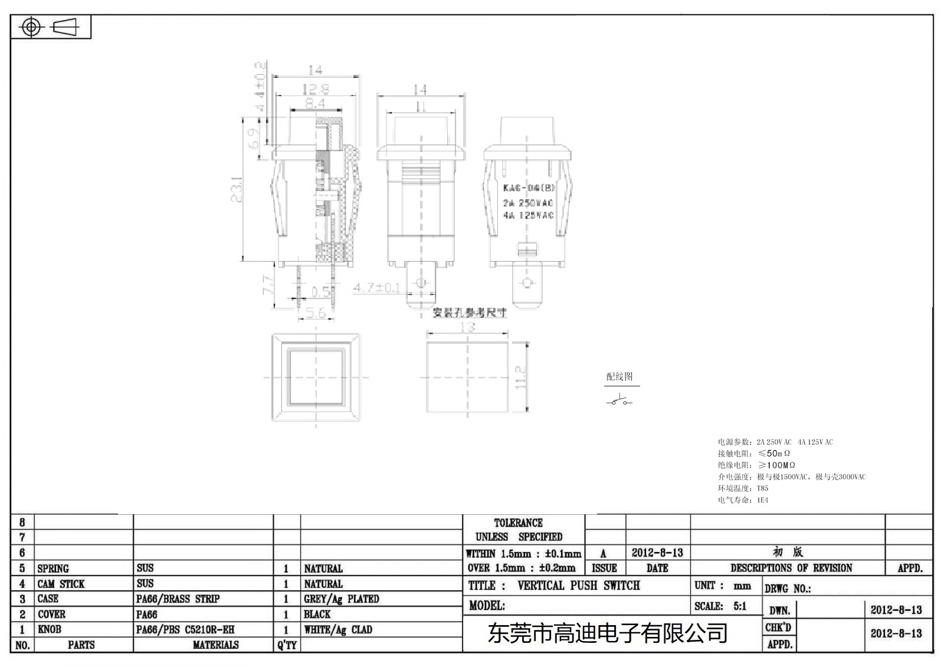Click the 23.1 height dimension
[x=237, y=189]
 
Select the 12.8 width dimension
[x=316, y=90]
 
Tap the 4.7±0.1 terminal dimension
[x=376, y=288]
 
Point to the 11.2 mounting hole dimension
[x=520, y=377]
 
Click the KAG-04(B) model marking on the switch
[x=528, y=188]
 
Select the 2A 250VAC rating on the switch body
[x=528, y=203]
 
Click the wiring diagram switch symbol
[x=619, y=402]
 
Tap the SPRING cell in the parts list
[x=53, y=569]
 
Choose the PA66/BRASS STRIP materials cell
[x=178, y=599]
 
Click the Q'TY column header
[x=287, y=645]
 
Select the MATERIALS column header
[x=215, y=645]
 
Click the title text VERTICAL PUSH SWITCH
[x=578, y=586]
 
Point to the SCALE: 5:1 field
[x=720, y=606]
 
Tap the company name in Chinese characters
[x=607, y=634]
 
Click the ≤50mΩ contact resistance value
[x=774, y=454]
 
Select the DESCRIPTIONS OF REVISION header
[x=791, y=568]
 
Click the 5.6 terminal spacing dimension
[x=315, y=313]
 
